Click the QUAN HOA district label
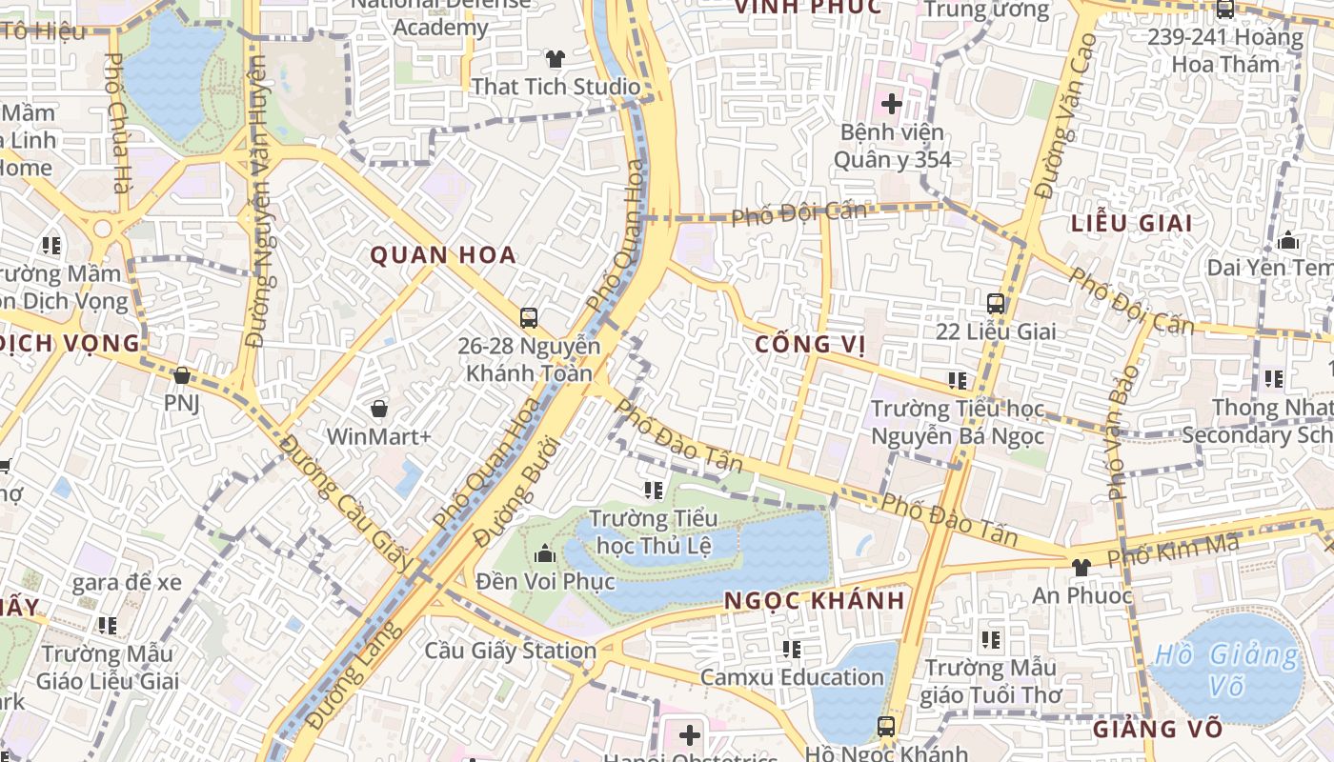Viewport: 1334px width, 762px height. coord(443,254)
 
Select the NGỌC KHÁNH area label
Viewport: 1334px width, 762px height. coord(814,601)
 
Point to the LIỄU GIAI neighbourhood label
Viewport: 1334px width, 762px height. coord(1131,224)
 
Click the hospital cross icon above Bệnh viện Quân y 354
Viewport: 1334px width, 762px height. coord(892,103)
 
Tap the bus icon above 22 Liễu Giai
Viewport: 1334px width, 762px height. coord(996,304)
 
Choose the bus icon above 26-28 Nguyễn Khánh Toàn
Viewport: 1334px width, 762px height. coord(529,317)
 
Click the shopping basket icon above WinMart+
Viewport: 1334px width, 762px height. coord(379,409)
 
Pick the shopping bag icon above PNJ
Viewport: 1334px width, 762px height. coord(181,375)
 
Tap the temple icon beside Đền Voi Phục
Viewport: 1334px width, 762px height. coord(545,552)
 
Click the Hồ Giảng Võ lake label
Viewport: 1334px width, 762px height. coord(1225,671)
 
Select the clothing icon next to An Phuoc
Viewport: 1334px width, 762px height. coord(1081,568)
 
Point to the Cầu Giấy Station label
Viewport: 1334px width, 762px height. coord(510,652)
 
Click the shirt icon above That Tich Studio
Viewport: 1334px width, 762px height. coord(556,59)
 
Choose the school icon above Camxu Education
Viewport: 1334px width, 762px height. coord(791,650)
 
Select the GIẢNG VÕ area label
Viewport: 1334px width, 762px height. coord(1157,730)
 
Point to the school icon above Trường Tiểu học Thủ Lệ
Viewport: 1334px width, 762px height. coord(653,491)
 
